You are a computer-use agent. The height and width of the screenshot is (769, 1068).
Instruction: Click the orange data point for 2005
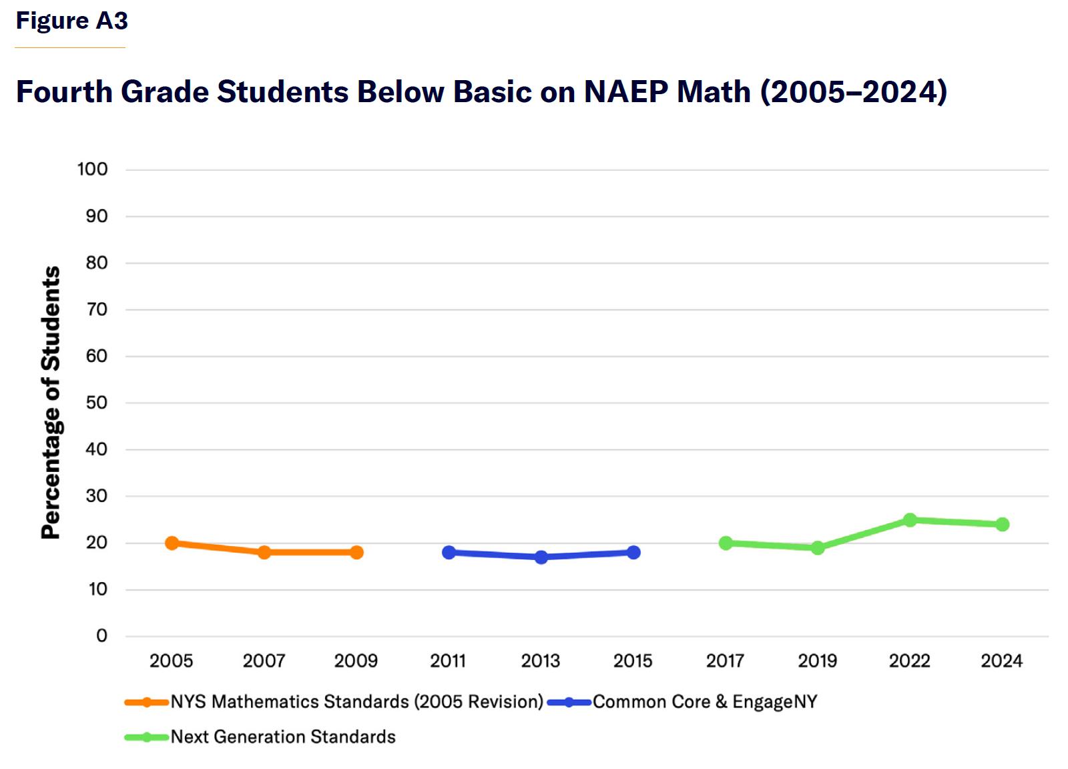point(172,543)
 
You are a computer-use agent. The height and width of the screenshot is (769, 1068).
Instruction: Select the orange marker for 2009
point(356,552)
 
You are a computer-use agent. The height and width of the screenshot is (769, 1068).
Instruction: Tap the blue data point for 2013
point(541,557)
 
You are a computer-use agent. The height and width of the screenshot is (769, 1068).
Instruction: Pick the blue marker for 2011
point(449,552)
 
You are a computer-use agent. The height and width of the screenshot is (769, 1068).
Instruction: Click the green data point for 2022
point(910,520)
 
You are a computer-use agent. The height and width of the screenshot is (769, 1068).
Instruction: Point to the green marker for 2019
point(818,547)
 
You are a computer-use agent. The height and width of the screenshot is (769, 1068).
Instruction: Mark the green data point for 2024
point(1002,525)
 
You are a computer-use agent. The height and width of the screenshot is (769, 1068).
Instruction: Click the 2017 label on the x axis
point(725,661)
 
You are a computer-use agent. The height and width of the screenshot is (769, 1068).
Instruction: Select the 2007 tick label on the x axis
point(264,661)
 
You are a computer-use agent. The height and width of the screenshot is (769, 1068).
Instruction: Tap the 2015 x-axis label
point(633,661)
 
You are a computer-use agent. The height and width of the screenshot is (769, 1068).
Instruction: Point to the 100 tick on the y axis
point(92,170)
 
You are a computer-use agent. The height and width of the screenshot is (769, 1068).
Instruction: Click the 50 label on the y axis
point(97,403)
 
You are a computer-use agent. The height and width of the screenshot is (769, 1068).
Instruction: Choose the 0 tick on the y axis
point(101,635)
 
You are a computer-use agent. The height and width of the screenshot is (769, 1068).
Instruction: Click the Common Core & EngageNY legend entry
point(704,702)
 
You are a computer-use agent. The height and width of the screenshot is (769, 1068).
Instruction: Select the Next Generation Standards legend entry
point(283,737)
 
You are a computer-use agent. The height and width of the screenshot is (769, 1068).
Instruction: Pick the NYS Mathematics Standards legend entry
point(356,702)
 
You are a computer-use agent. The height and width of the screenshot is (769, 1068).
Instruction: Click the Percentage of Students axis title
point(51,403)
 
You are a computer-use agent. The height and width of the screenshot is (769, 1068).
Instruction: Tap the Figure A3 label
point(71,21)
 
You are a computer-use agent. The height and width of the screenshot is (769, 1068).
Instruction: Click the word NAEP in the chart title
point(625,91)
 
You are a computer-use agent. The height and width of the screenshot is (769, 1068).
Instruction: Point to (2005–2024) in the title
point(854,91)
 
